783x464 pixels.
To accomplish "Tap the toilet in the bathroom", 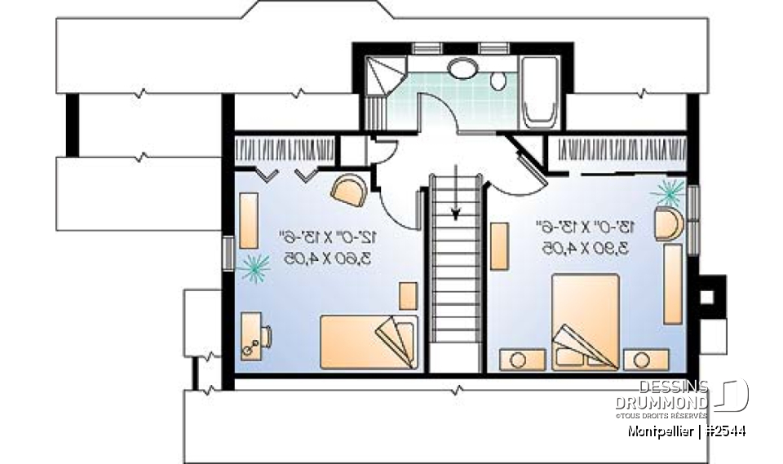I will [498, 80].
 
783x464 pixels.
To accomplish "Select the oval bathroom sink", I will [464, 67].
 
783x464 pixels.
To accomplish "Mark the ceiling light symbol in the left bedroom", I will [254, 267].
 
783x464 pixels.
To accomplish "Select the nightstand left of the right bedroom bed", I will [516, 359].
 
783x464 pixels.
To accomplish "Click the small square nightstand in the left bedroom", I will [408, 295].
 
